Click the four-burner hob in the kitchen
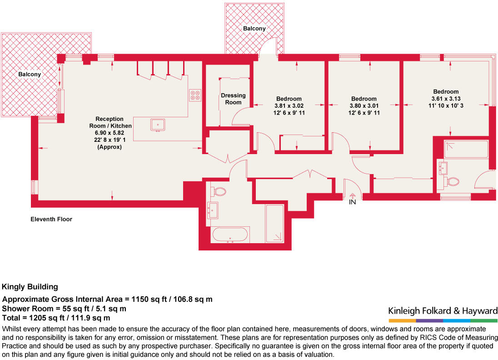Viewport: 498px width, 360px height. tap(195, 95)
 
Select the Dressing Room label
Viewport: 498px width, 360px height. tap(233, 99)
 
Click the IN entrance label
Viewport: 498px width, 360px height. tap(352, 202)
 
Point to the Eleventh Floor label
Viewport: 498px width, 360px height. tap(51, 219)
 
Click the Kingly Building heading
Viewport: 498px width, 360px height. tap(30, 287)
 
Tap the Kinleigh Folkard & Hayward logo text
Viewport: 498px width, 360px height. tap(443, 311)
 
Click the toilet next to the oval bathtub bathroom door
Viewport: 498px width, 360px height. tap(219, 191)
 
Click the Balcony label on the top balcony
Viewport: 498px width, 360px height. tap(254, 29)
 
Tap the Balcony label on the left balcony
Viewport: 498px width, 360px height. tap(30, 75)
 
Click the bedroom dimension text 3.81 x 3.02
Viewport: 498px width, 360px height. tap(289, 106)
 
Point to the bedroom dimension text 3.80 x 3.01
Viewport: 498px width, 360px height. tap(364, 106)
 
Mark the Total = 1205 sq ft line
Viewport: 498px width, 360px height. tap(56, 318)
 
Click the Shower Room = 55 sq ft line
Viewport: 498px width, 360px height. tap(64, 309)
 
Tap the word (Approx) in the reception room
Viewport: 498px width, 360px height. tap(110, 147)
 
